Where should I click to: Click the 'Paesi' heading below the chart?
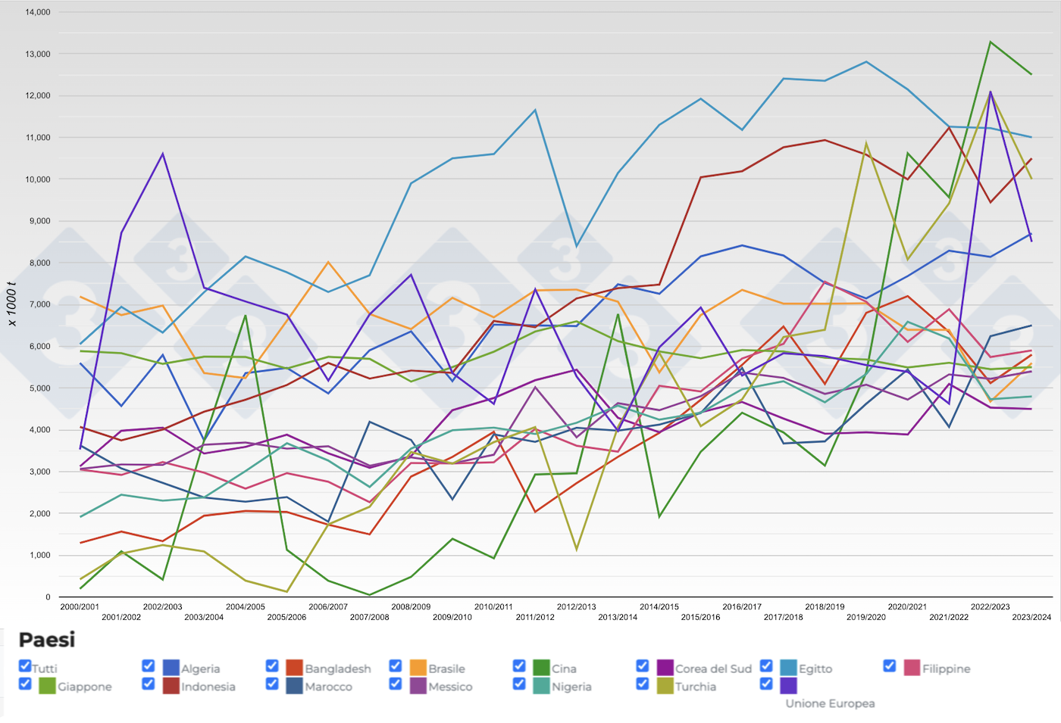(47, 640)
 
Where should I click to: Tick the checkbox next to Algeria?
(149, 666)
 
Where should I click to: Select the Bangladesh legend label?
(337, 668)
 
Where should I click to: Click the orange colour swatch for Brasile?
(418, 668)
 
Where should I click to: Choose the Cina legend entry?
(564, 668)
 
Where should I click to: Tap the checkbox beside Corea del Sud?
(643, 666)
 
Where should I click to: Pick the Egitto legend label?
(815, 668)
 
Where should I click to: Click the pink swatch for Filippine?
(912, 668)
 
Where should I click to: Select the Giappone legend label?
(85, 687)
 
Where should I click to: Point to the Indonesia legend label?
(208, 687)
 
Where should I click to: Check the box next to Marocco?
(272, 684)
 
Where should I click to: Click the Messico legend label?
(450, 687)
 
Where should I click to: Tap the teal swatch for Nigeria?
(541, 686)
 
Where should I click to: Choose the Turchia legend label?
(696, 687)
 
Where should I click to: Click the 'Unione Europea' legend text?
(830, 703)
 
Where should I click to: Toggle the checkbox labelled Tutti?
(25, 666)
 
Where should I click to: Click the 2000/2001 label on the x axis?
(80, 606)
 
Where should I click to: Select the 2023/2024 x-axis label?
(1031, 617)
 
